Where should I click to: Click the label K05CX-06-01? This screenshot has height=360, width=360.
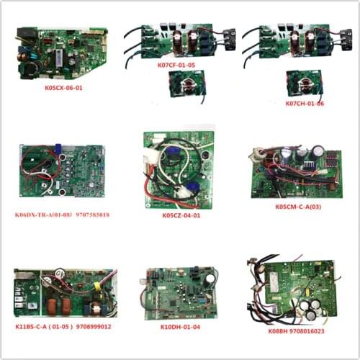coord(58,93)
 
